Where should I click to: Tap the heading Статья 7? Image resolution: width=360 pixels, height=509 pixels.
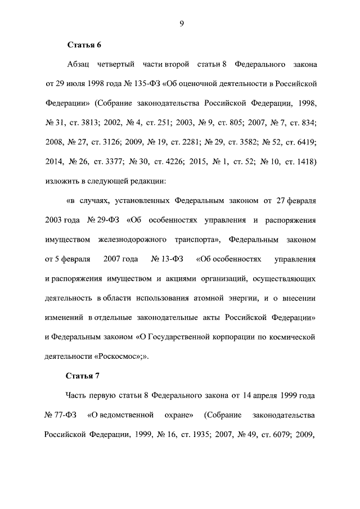point(84,376)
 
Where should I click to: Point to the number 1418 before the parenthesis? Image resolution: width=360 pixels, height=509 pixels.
point(304,163)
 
